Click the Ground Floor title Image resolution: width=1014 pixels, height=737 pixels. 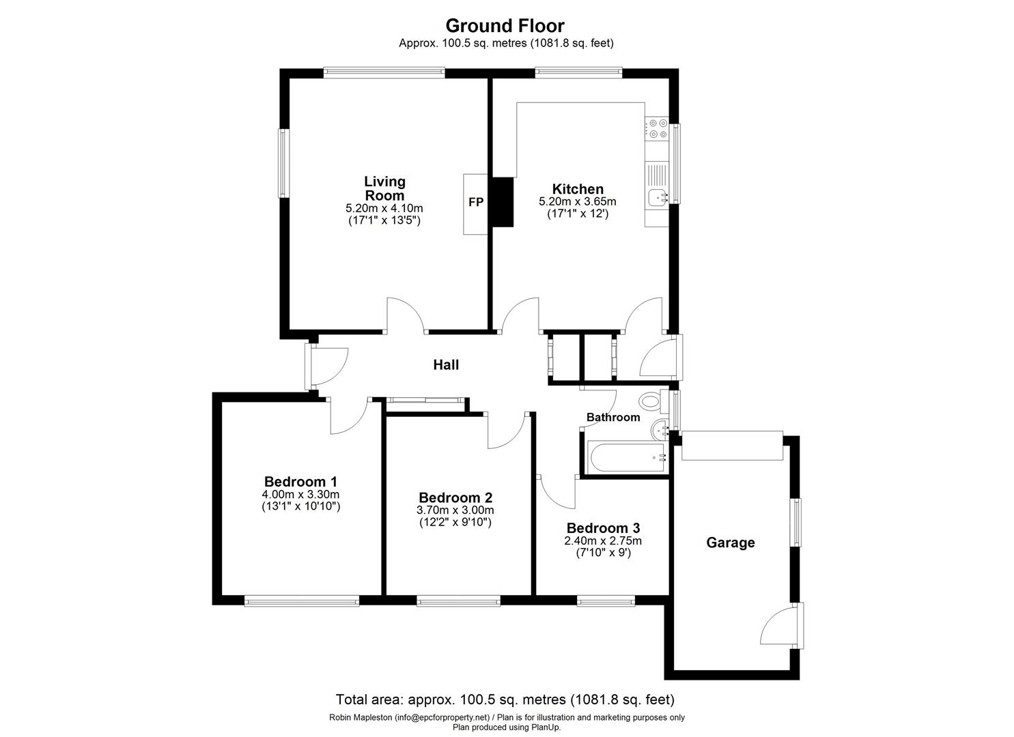pyautogui.click(x=505, y=26)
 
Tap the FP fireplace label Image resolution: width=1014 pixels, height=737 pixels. pyautogui.click(x=476, y=202)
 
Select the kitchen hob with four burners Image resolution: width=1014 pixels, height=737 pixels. pyautogui.click(x=658, y=128)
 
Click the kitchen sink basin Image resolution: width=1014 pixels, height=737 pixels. pyautogui.click(x=658, y=198)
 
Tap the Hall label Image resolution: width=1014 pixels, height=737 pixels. pyautogui.click(x=446, y=364)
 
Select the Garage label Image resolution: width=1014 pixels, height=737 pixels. pyautogui.click(x=730, y=543)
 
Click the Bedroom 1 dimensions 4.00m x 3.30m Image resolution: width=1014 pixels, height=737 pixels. pyautogui.click(x=300, y=495)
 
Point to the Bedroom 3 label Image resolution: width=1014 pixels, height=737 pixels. pyautogui.click(x=603, y=528)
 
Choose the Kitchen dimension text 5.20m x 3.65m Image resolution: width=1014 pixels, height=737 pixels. pyautogui.click(x=577, y=201)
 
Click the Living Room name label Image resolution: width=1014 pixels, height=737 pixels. pyautogui.click(x=385, y=188)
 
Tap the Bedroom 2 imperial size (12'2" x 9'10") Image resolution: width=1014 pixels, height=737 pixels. pyautogui.click(x=455, y=523)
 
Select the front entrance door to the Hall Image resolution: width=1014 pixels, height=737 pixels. pyautogui.click(x=326, y=366)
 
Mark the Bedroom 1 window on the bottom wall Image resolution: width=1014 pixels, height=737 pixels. pyautogui.click(x=302, y=601)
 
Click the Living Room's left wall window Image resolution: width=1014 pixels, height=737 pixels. pyautogui.click(x=284, y=163)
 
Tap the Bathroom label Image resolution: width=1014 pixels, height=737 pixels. pyautogui.click(x=613, y=417)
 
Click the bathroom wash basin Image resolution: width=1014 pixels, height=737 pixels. pyautogui.click(x=659, y=429)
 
